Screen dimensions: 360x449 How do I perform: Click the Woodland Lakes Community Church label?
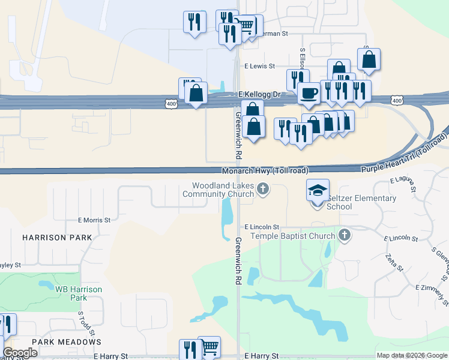pyautogui.click(x=218, y=190)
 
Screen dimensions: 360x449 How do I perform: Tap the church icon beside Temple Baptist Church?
pyautogui.click(x=345, y=235)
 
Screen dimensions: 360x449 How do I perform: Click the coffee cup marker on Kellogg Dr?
pyautogui.click(x=309, y=94)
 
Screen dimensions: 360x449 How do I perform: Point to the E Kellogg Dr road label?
pyautogui.click(x=259, y=95)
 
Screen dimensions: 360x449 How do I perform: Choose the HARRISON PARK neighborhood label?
pyautogui.click(x=58, y=238)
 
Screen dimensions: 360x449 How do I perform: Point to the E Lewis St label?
pyautogui.click(x=259, y=67)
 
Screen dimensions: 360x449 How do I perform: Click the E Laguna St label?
pyautogui.click(x=403, y=184)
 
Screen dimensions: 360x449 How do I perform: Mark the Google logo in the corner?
pyautogui.click(x=20, y=353)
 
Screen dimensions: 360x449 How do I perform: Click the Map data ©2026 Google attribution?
pyautogui.click(x=412, y=356)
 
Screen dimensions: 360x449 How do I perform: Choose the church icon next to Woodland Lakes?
pyautogui.click(x=262, y=190)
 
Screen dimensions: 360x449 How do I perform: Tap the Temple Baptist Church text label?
pyautogui.click(x=292, y=236)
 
